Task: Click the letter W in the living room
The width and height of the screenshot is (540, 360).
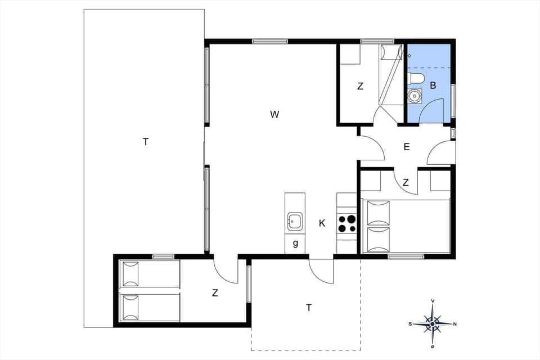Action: [x=274, y=115]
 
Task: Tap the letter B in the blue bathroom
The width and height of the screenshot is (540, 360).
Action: [x=433, y=86]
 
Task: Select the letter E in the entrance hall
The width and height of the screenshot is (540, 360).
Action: [x=407, y=147]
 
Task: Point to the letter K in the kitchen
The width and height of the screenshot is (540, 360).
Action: [x=322, y=223]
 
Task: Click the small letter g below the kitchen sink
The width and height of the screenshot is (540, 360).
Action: [x=295, y=244]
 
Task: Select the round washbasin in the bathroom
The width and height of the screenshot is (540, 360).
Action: [x=415, y=96]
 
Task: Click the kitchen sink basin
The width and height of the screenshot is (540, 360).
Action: [x=295, y=220]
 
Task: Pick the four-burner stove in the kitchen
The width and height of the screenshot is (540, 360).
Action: [x=347, y=223]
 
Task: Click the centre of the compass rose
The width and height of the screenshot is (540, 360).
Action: [x=432, y=323]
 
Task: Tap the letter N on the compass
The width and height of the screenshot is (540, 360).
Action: [x=454, y=323]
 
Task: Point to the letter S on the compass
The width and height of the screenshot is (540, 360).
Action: [x=410, y=323]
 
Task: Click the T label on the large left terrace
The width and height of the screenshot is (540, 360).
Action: [x=146, y=142]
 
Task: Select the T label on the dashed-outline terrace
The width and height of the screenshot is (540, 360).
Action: [x=309, y=308]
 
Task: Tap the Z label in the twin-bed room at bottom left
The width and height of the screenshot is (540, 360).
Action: [x=215, y=293]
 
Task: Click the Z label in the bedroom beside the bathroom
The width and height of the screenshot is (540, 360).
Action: [x=360, y=87]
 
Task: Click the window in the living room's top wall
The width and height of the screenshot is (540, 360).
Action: [x=270, y=41]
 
